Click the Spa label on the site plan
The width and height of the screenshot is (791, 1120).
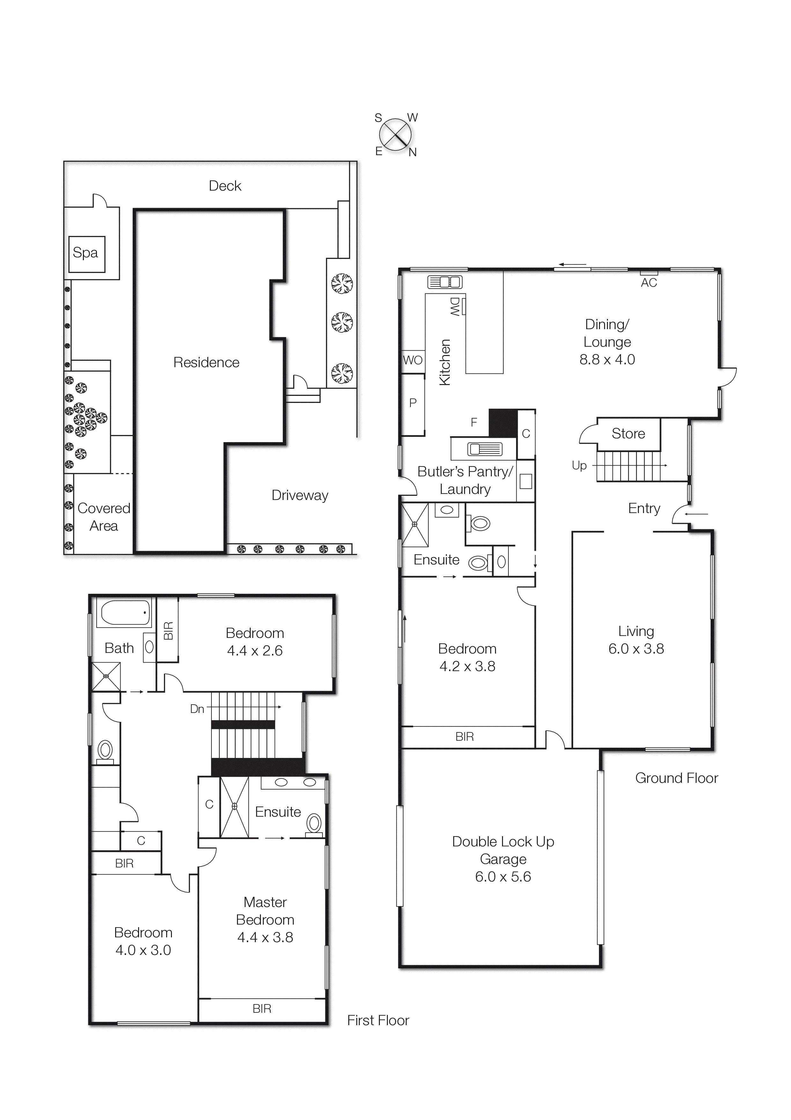coord(85,253)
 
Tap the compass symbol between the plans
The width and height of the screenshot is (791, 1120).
coord(395,135)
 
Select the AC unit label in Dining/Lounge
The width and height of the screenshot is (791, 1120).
coord(649,283)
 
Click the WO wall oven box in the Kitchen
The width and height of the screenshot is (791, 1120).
coord(413,360)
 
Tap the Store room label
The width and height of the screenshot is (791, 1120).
coord(628,434)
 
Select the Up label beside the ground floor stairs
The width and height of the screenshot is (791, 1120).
coord(579,465)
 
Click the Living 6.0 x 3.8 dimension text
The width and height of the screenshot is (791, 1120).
coord(636,649)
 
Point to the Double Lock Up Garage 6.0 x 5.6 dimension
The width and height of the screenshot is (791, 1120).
coord(503,877)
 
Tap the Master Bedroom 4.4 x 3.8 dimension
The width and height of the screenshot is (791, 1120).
coord(265,937)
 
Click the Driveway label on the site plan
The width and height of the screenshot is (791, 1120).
coord(300,495)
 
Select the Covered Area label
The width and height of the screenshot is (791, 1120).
coord(103,517)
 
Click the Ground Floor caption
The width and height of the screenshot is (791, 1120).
coord(676,778)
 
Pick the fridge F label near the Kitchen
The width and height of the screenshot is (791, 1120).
coord(473,422)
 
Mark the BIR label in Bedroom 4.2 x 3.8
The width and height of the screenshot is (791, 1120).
coord(464,737)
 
